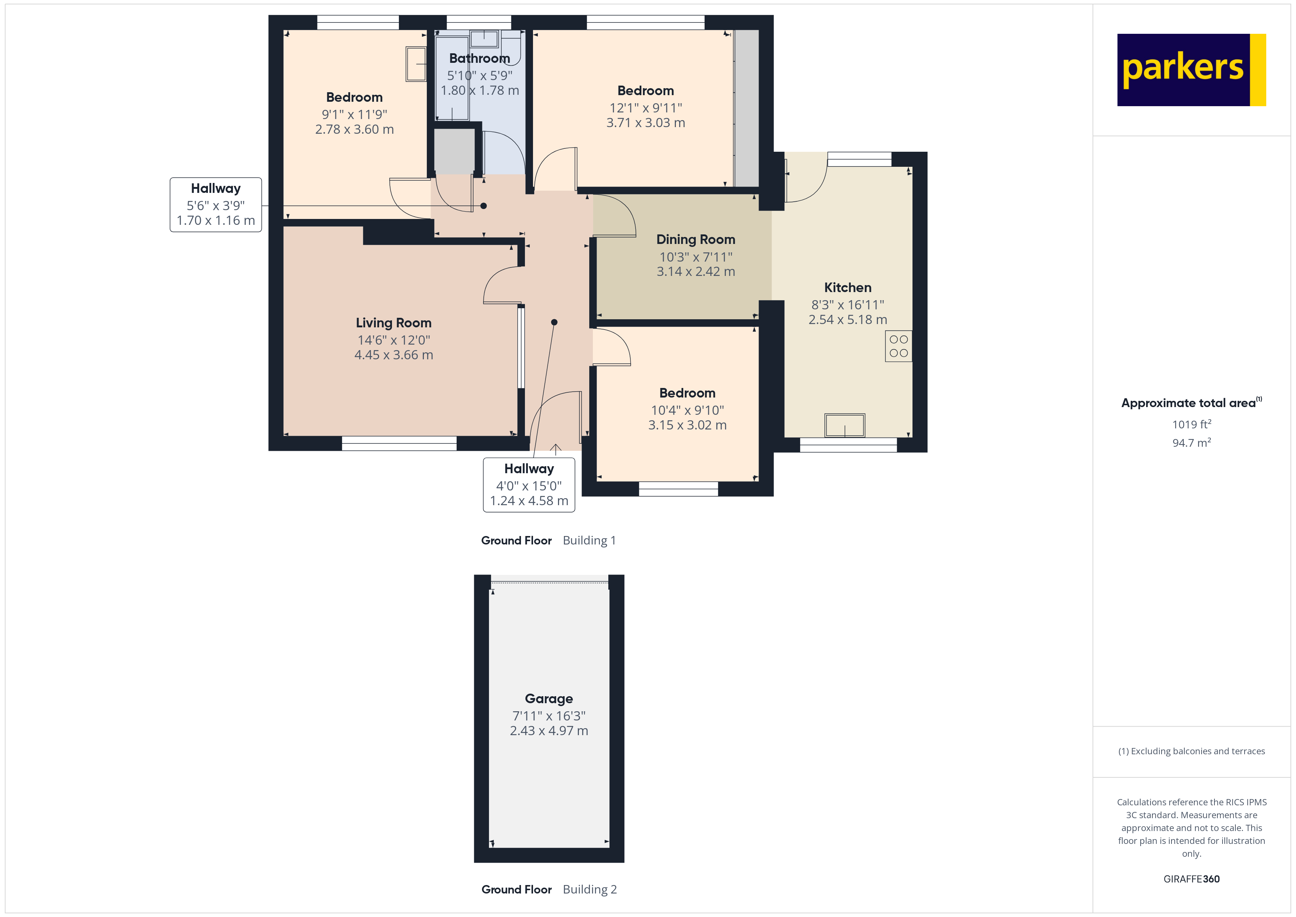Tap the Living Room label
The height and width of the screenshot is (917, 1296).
[393, 323]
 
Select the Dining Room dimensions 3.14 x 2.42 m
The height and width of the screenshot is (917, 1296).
[695, 271]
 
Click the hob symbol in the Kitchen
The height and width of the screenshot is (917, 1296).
[898, 346]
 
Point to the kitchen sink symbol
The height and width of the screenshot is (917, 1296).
[845, 425]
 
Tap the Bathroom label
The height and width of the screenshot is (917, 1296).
[479, 58]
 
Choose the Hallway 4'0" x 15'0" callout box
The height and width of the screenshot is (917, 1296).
[529, 485]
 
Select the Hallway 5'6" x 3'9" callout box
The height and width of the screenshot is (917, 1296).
[216, 204]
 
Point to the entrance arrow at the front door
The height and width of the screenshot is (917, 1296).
[556, 449]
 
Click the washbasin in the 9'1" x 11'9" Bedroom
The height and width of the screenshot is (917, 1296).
[416, 64]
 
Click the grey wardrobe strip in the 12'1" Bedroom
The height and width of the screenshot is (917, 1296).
[746, 107]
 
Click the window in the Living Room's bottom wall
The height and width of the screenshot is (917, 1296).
[399, 443]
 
